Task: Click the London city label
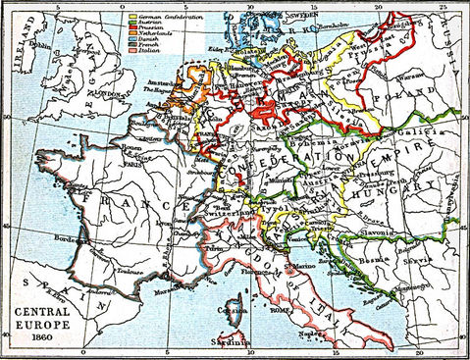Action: [x=102, y=94]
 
